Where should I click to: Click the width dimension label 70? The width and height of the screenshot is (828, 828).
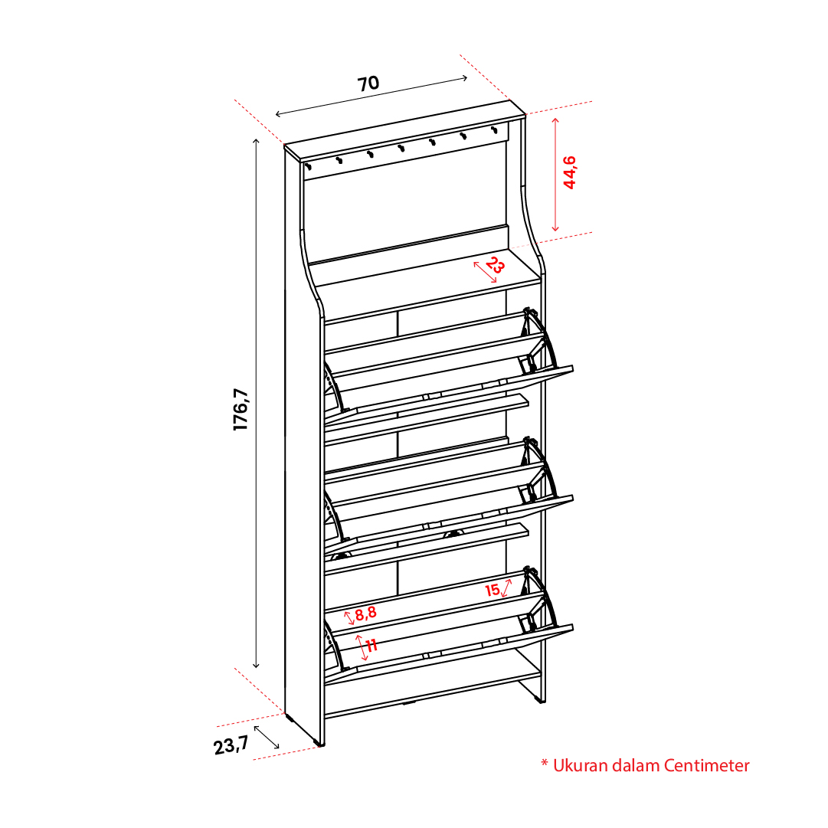point(368,83)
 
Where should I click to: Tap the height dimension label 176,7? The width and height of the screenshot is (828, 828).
point(241,409)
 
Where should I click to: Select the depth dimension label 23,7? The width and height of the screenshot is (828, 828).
point(231,745)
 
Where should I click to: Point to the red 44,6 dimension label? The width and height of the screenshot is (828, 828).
point(570,172)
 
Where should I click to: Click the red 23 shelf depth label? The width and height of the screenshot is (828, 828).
point(495,264)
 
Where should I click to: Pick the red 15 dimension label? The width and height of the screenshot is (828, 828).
point(493,590)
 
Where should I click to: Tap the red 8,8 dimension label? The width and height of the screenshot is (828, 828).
point(365,613)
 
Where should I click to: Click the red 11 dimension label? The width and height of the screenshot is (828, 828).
point(371,645)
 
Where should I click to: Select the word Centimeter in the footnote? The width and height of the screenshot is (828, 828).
point(706,765)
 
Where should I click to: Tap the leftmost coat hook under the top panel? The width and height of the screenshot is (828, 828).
point(309,167)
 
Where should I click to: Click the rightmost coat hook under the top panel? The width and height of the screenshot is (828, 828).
point(494,129)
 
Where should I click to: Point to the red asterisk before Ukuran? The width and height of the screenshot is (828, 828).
point(545,763)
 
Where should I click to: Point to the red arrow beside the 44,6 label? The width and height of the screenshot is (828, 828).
point(555,175)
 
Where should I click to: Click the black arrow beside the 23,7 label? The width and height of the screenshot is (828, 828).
point(267,737)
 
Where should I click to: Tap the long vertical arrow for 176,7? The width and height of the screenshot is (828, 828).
point(256,404)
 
